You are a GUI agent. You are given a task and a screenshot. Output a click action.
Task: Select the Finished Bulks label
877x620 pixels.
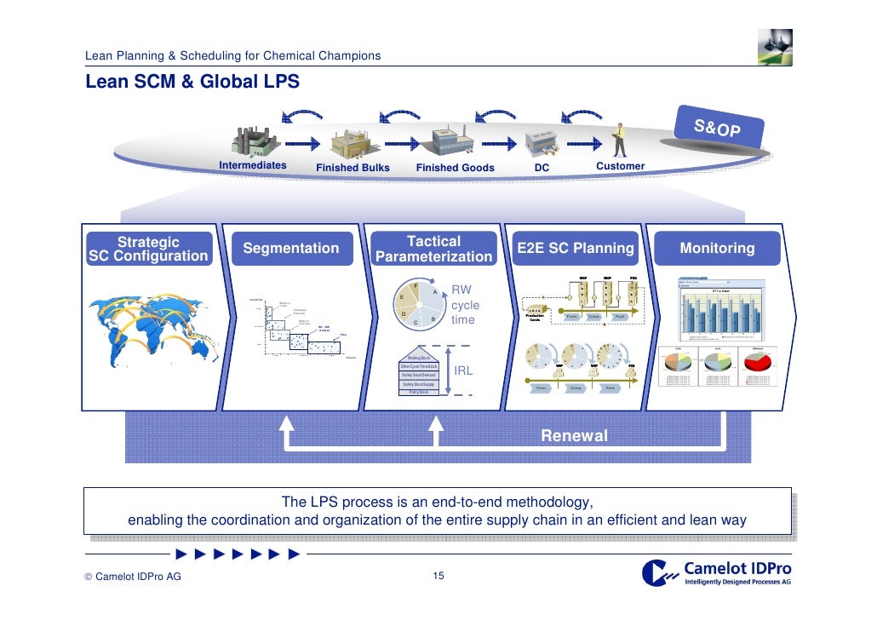[x=353, y=168]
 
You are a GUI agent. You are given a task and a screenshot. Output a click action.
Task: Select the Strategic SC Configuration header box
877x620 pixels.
[x=148, y=249]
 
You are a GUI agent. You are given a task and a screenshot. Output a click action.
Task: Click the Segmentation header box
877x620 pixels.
[x=290, y=249]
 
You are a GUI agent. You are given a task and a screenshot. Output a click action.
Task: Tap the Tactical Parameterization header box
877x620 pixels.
[x=433, y=249]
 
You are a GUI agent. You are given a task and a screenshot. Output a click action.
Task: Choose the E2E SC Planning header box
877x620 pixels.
[x=575, y=249]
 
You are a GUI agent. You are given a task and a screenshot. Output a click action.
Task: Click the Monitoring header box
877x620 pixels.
[x=716, y=249]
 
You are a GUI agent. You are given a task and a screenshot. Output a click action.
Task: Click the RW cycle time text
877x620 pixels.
[x=465, y=305]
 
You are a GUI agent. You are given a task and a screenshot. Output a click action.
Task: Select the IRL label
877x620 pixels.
[x=463, y=371]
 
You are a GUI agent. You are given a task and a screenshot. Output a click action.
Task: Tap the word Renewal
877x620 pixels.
[x=574, y=436]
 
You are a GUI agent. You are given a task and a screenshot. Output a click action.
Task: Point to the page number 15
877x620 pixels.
[x=438, y=577]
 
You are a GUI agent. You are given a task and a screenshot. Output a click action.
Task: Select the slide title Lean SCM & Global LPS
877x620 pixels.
[x=192, y=83]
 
